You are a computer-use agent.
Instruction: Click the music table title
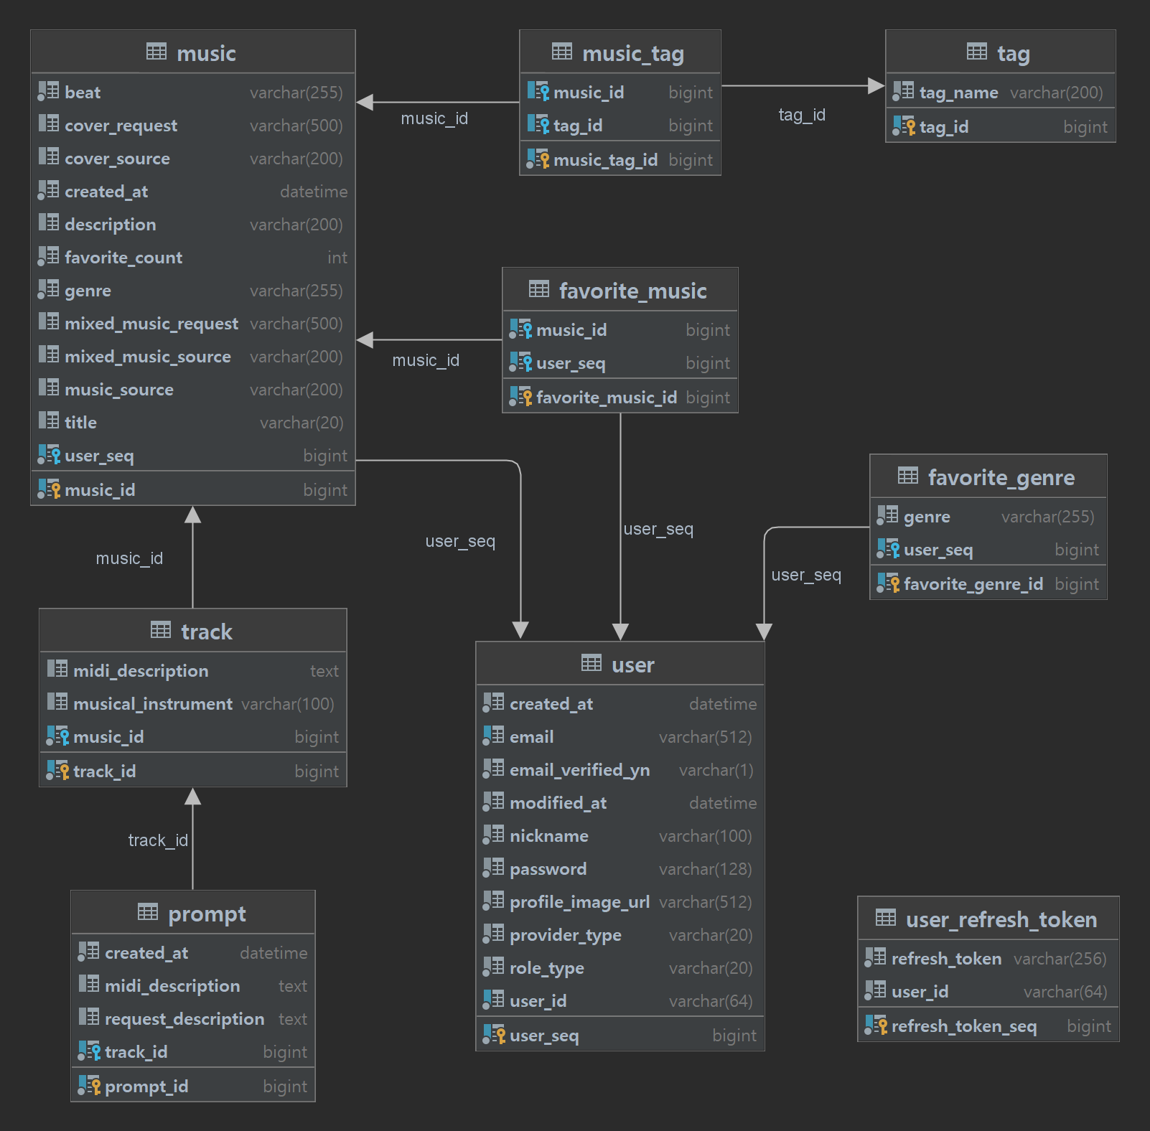(205, 54)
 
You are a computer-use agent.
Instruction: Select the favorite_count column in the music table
(123, 258)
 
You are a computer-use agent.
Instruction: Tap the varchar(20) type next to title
(301, 423)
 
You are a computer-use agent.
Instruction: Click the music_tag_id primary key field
(605, 160)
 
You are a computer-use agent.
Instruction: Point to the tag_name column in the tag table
(958, 93)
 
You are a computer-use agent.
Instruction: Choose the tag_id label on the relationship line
(802, 115)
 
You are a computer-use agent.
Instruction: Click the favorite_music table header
(632, 291)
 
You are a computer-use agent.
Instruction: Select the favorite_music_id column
(606, 398)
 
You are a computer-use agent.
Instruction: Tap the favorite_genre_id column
(973, 584)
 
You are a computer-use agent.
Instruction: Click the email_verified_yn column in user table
(579, 770)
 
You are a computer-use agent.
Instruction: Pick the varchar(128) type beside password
(705, 869)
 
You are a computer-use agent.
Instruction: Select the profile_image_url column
(579, 902)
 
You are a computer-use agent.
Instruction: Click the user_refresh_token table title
(1001, 919)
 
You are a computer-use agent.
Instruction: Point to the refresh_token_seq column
(963, 1026)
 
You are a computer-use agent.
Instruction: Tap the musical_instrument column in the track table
(153, 704)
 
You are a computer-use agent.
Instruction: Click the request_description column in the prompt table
(184, 1019)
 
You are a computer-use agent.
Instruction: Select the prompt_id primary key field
(146, 1087)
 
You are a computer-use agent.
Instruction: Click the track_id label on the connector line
(158, 840)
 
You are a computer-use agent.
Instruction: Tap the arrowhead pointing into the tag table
(876, 86)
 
